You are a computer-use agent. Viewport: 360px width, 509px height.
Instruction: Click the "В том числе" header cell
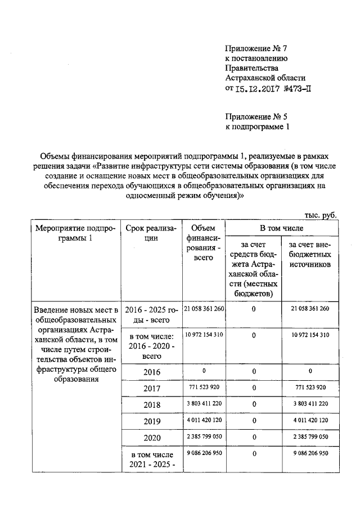point(281,228)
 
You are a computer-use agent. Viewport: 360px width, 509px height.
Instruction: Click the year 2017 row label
point(151,388)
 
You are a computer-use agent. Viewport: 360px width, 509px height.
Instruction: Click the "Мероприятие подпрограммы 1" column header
point(75,233)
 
